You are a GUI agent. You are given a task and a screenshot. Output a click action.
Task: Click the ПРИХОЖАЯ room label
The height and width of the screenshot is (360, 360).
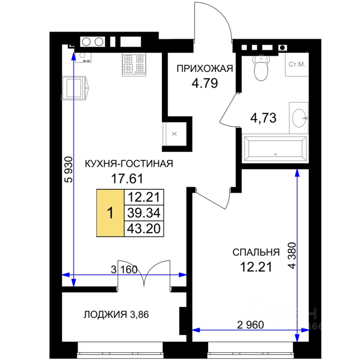coord(205,69)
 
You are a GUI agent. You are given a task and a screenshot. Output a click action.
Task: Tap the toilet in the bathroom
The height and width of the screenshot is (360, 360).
coord(261,67)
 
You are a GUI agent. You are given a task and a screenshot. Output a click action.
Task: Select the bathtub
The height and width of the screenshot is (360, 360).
coord(275,149)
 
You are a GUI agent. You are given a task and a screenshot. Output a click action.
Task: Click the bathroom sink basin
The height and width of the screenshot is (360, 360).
coord(299,118)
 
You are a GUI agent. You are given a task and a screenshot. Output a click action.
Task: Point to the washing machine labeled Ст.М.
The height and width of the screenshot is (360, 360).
coord(297,64)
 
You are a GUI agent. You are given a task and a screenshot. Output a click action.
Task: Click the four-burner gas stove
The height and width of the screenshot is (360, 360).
coord(134,65)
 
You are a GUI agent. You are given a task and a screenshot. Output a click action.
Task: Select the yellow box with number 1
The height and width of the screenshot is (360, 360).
coord(110,213)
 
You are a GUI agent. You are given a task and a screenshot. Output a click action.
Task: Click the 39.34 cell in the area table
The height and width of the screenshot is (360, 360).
coord(144,213)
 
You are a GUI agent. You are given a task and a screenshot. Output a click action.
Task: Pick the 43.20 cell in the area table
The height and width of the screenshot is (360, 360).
coord(144,229)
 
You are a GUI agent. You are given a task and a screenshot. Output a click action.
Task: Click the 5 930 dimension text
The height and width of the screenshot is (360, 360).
coord(69,169)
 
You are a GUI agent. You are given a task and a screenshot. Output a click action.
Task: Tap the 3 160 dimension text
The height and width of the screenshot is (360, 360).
coord(124,270)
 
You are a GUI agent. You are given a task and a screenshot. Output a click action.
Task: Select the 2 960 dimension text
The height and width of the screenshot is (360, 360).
coord(250,325)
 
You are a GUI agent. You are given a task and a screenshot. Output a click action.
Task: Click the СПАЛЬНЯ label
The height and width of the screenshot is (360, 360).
coord(256,252)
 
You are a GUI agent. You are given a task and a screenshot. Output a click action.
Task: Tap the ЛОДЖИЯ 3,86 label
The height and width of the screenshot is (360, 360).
coord(116,315)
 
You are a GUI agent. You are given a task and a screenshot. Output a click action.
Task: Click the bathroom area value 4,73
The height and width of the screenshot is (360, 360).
coord(263,118)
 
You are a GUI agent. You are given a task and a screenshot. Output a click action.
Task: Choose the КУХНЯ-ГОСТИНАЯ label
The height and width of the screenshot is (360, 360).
coord(129,164)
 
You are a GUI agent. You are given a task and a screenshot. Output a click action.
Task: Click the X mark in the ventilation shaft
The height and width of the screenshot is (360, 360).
coord(174,133)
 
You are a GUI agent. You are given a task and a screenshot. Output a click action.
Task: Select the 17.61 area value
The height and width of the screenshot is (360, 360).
coord(127,178)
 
